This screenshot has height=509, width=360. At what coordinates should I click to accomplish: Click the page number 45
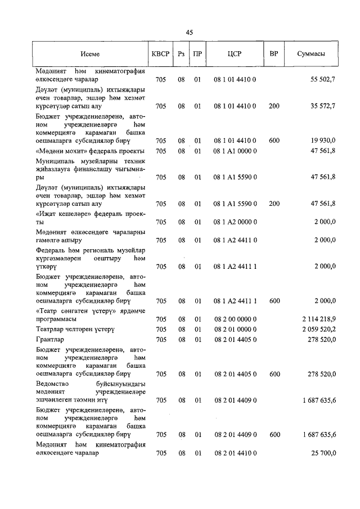pos(189,33)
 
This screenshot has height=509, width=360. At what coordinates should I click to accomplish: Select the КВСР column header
pos(160,54)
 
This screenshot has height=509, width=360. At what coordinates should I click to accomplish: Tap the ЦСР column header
pos(235,54)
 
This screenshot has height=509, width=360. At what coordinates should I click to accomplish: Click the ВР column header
pos(274,54)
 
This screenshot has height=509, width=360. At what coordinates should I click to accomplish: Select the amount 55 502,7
pos(323,80)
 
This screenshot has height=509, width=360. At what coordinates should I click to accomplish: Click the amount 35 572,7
pos(323,106)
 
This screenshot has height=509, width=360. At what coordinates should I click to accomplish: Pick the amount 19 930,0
pos(323,140)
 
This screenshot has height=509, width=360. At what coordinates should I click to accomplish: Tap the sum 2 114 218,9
pos(319,319)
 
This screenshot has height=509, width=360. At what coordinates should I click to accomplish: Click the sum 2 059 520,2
pos(319,329)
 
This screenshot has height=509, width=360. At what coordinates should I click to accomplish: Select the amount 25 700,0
pos(323,453)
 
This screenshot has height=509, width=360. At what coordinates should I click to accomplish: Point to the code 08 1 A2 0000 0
pos(235,222)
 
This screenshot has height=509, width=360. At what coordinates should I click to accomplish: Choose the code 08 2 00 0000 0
pos(235,319)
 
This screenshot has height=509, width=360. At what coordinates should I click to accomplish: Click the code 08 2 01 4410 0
pos(235,453)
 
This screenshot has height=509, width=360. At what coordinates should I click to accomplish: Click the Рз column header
pos(181,54)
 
